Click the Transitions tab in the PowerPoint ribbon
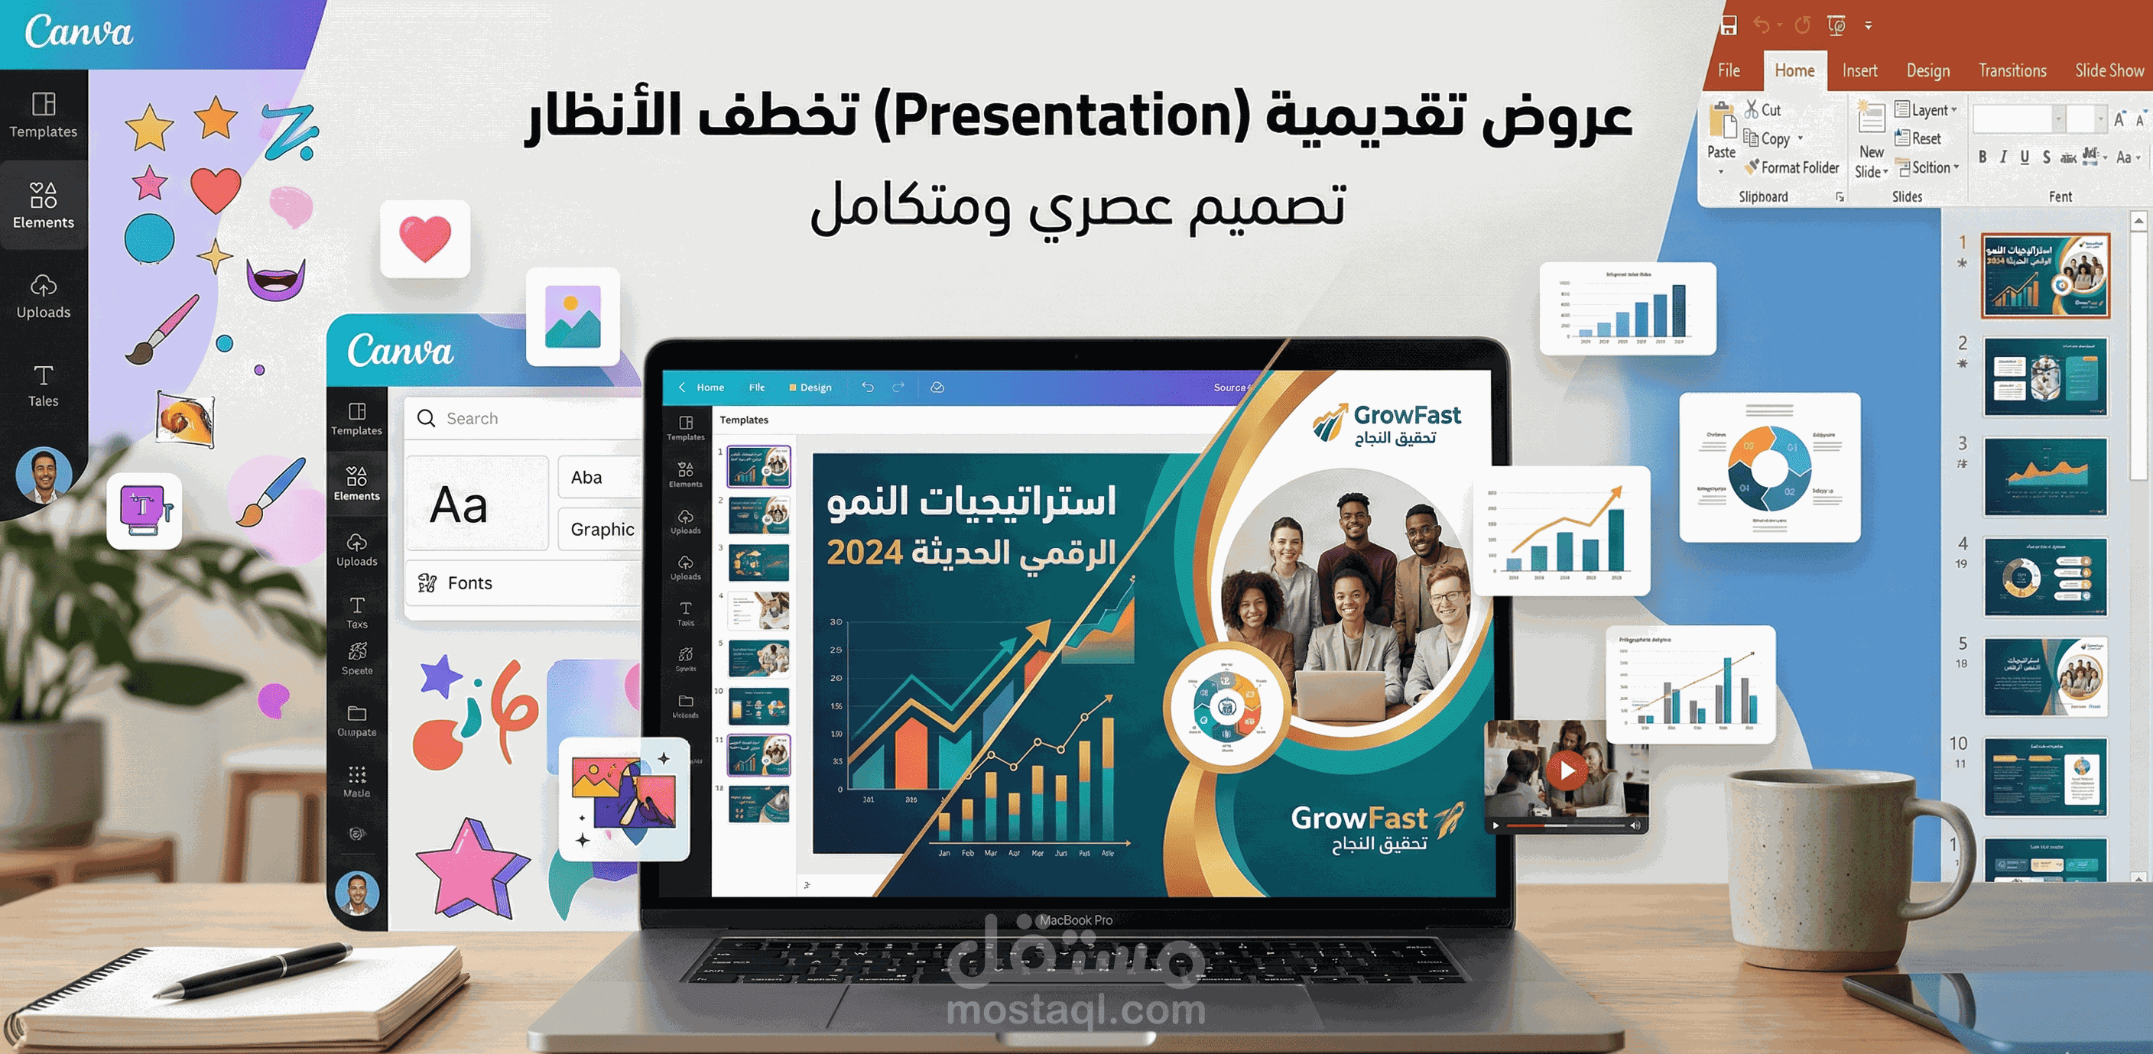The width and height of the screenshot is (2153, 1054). (2012, 71)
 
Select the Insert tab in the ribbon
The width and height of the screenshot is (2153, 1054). (1859, 71)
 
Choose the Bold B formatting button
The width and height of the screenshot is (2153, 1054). (1983, 157)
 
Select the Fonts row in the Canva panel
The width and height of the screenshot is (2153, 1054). (469, 583)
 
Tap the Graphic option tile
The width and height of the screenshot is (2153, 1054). (602, 529)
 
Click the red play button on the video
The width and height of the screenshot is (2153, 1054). (1567, 770)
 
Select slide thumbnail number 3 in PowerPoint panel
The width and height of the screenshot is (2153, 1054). (2044, 476)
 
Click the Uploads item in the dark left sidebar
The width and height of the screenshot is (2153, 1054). (44, 296)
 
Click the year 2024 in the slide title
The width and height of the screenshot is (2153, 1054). (864, 553)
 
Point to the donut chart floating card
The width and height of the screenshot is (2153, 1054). (1769, 467)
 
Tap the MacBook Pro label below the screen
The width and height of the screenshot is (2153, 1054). (1076, 920)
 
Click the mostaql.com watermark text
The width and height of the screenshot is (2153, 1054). (1076, 1010)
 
